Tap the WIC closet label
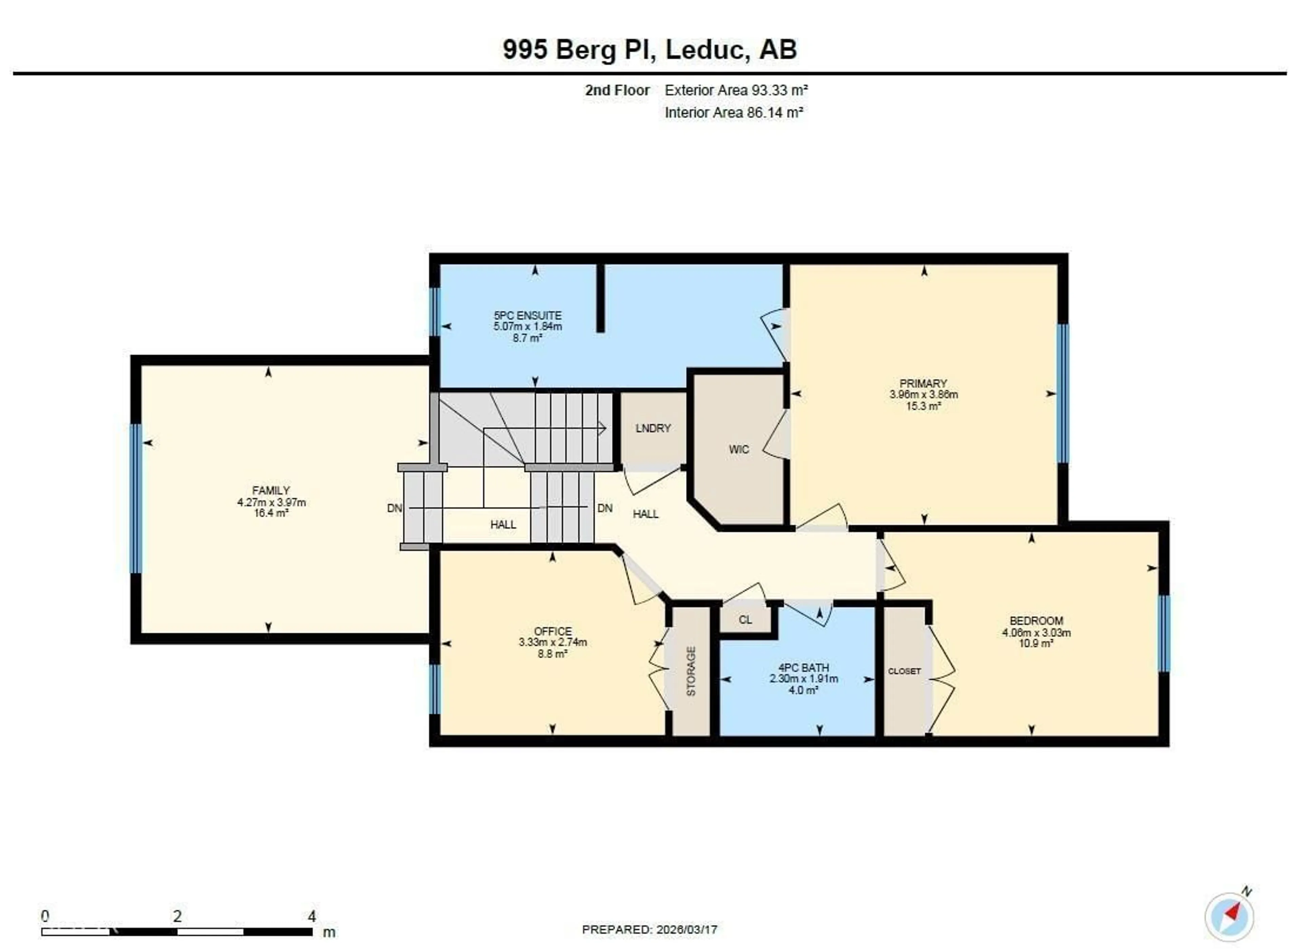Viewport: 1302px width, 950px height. coord(739,450)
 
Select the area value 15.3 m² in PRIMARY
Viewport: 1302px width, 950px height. coord(923,406)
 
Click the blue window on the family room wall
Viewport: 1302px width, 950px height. coord(136,499)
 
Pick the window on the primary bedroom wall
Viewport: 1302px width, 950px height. coord(1063,394)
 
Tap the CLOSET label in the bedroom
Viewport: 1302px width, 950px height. coord(904,671)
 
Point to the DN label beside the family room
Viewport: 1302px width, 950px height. coord(394,508)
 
